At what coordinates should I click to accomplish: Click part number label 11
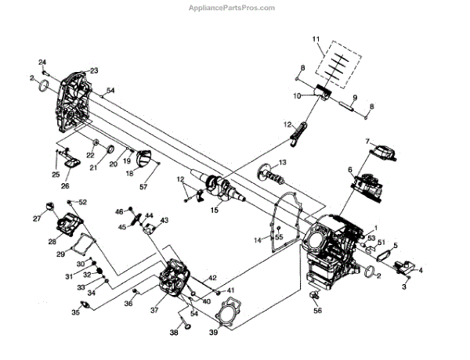(316, 38)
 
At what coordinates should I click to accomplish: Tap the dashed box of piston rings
(338, 65)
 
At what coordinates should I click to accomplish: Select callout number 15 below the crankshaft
(215, 209)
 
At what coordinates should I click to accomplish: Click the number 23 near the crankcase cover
(93, 70)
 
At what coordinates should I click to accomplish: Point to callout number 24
(43, 62)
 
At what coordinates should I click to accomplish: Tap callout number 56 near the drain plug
(317, 311)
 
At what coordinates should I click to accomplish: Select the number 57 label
(143, 188)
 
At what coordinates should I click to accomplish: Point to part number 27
(37, 218)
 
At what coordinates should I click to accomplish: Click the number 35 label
(75, 313)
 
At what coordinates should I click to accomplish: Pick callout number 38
(174, 333)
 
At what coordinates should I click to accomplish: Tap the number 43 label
(164, 221)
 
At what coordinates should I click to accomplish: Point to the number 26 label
(65, 185)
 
